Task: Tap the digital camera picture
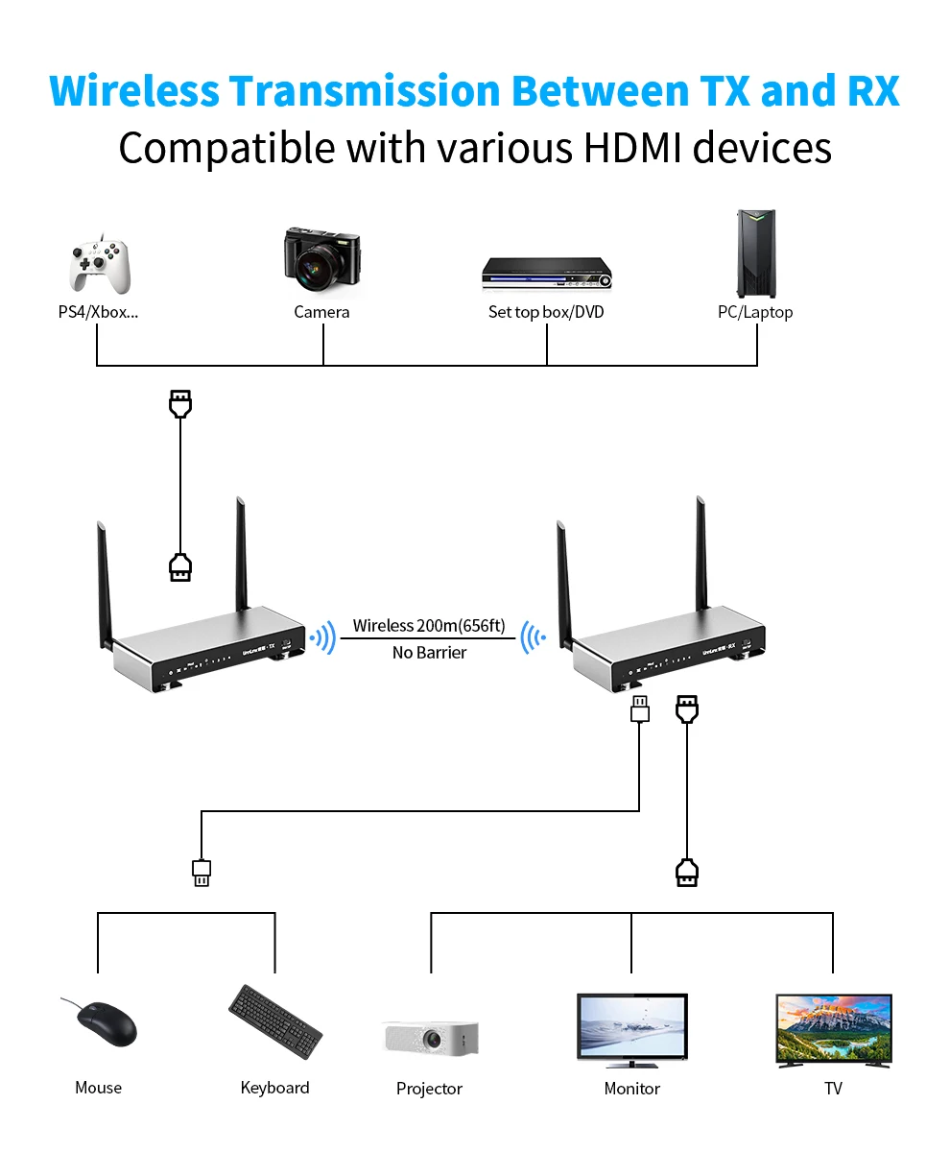pyautogui.click(x=321, y=264)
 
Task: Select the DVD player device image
pyautogui.click(x=546, y=274)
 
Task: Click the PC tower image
pyautogui.click(x=756, y=254)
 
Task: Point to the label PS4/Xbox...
pyautogui.click(x=98, y=312)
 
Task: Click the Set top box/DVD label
pyautogui.click(x=546, y=312)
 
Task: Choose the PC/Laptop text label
pyautogui.click(x=755, y=312)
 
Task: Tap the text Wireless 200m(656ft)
pyautogui.click(x=428, y=626)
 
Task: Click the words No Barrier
pyautogui.click(x=429, y=653)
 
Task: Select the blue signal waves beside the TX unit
pyautogui.click(x=322, y=636)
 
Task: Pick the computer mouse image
pyautogui.click(x=104, y=1023)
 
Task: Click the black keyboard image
pyautogui.click(x=275, y=1021)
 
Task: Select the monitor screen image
pyautogui.click(x=631, y=1029)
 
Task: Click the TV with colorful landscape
pyautogui.click(x=833, y=1029)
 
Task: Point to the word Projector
pyautogui.click(x=429, y=1089)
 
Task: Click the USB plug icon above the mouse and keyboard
pyautogui.click(x=202, y=873)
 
